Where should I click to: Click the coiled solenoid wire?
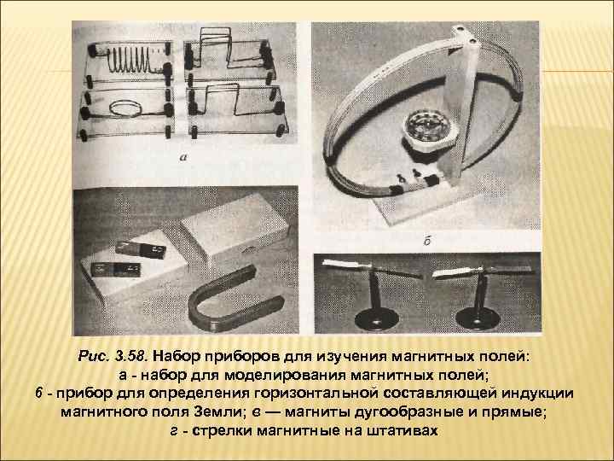130,59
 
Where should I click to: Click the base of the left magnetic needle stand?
377,319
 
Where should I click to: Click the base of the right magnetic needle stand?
478,318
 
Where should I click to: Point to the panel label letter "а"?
183,157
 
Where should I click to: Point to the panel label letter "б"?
427,241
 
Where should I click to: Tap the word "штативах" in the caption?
403,431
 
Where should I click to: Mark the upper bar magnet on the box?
141,249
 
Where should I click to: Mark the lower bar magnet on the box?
115,270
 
